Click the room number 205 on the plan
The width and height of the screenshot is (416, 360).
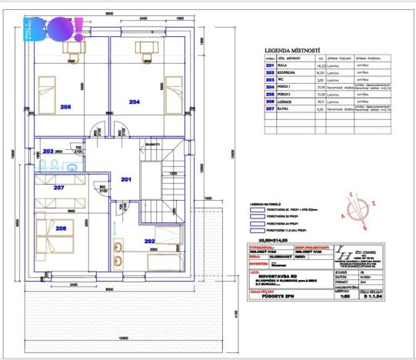(65, 108)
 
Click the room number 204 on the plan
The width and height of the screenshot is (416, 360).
(135, 102)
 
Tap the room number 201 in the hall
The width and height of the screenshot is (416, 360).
(126, 178)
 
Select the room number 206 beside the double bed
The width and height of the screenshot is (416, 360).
(62, 228)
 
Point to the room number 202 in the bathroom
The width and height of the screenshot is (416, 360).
(150, 241)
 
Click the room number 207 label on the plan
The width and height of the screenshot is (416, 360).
(58, 187)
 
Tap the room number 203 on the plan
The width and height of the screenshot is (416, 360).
(48, 152)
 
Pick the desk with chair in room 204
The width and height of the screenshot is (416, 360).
(145, 48)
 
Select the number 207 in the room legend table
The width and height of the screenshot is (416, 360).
(269, 110)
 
